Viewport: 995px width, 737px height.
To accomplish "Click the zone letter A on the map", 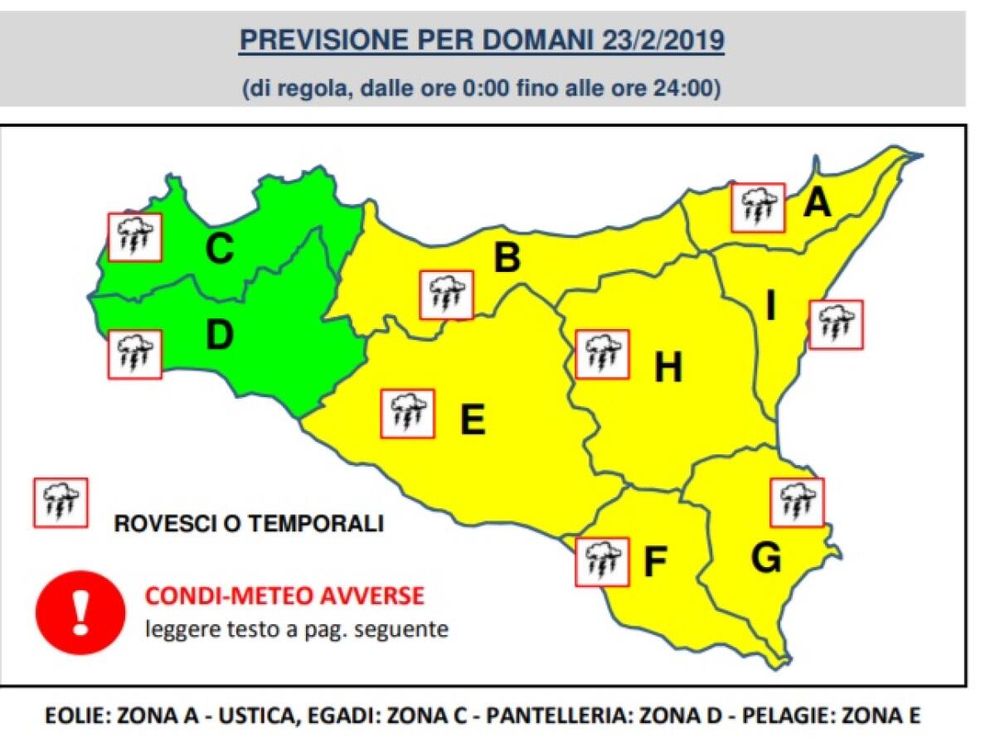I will (x=817, y=201).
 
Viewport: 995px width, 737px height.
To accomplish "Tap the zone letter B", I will (x=507, y=258).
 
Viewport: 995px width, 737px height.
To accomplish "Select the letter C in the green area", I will (x=219, y=249).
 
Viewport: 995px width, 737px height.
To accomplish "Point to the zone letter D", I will (x=219, y=335).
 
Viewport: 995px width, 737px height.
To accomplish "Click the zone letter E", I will (x=472, y=420).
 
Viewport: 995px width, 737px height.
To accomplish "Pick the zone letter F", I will (x=655, y=563).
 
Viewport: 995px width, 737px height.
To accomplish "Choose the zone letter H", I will (x=667, y=367).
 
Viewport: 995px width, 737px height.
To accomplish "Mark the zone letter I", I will (x=771, y=308).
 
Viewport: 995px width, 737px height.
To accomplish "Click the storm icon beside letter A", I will (x=758, y=207).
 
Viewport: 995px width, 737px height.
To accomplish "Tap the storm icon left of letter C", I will (x=135, y=237).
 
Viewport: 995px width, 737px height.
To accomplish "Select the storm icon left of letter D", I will (x=135, y=354).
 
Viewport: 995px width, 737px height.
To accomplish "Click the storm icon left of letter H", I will (x=602, y=354).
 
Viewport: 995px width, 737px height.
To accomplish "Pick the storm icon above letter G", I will (x=797, y=502).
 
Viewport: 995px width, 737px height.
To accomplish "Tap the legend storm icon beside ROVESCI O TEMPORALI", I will (x=60, y=502).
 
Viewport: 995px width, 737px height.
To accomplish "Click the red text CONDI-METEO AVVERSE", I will (x=284, y=595).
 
